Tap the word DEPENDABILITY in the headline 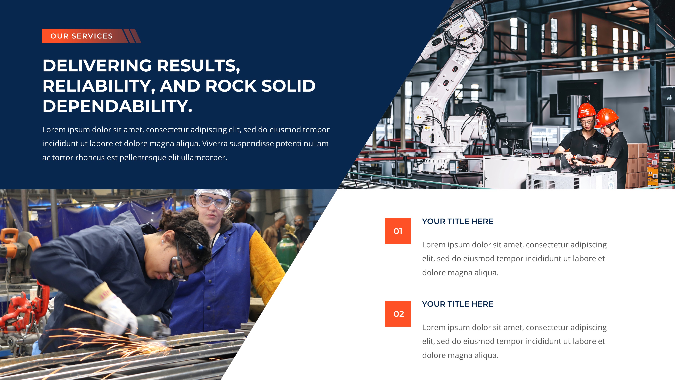click(115, 106)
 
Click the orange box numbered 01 click(398, 231)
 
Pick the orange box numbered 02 click(398, 314)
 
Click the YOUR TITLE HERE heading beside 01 click(457, 221)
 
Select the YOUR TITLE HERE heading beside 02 click(457, 304)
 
